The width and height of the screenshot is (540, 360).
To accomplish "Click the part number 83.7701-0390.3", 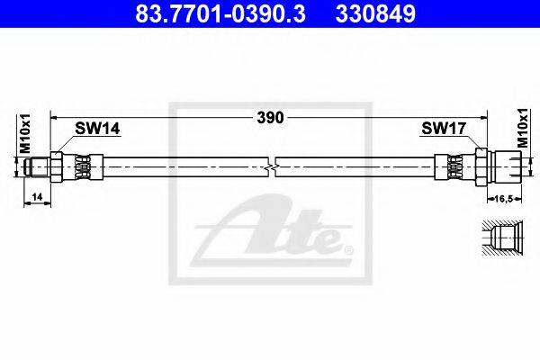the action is (x=220, y=14).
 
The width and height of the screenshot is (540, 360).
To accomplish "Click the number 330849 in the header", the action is (x=375, y=14).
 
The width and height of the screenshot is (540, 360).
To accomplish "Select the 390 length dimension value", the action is (x=270, y=118).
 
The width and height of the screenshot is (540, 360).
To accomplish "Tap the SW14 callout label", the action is (x=97, y=129).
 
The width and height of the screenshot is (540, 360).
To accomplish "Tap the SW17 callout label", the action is (x=444, y=129).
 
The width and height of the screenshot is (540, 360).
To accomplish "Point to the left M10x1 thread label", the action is (x=25, y=133).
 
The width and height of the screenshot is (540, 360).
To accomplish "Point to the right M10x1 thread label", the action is (x=523, y=128).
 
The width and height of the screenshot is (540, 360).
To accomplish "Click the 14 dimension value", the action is (x=37, y=197).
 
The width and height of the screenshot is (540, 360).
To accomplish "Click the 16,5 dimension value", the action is (x=504, y=198).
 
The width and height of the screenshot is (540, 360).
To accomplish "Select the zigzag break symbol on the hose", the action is (x=272, y=167).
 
